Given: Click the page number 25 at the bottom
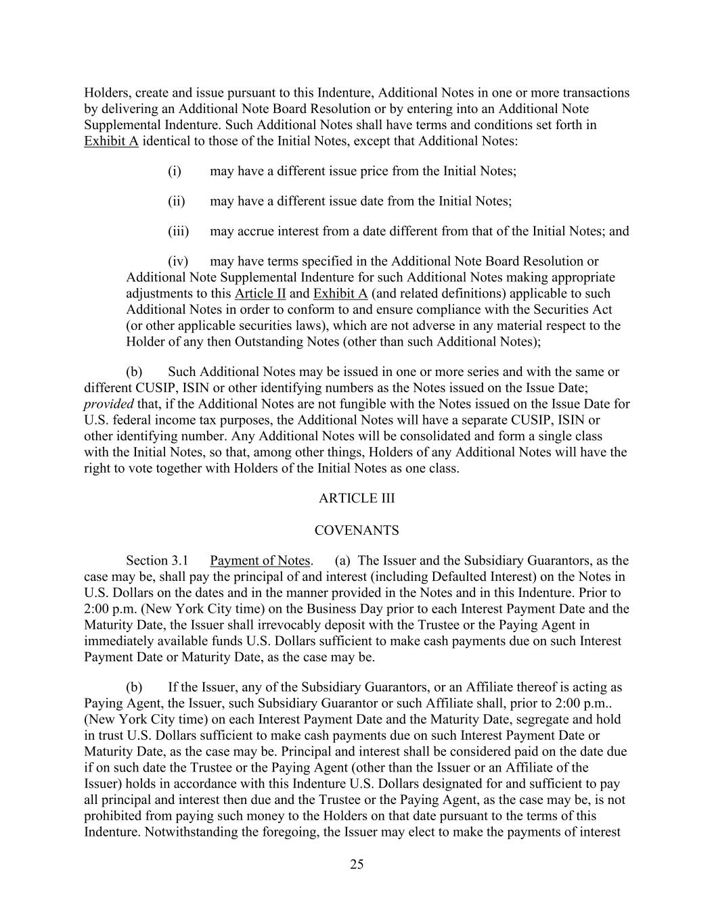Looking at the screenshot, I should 357,864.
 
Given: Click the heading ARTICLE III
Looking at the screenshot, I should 357,498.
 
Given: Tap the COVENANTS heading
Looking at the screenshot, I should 357,531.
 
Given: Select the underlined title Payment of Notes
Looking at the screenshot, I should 260,561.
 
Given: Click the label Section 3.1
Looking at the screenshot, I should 156,561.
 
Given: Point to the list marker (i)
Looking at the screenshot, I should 175,171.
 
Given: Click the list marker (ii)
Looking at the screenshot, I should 176,201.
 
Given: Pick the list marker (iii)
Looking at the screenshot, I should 178,231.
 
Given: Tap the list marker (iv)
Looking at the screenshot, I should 178,261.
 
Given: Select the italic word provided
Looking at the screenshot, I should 108,404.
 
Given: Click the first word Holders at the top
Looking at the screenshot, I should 106,93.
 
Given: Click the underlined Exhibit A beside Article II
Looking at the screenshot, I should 340,293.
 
